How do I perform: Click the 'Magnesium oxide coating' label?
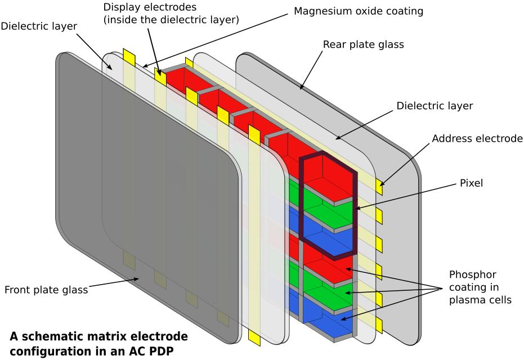point(359,11)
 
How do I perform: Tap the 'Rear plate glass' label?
point(363,44)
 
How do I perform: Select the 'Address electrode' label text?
point(478,138)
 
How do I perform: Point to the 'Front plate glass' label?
point(46,290)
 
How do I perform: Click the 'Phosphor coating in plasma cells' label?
point(480,287)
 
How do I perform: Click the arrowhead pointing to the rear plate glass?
point(302,87)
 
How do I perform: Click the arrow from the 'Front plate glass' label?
point(113,284)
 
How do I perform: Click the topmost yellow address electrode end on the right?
point(380,188)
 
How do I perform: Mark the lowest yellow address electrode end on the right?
point(379,325)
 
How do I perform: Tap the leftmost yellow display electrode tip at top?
point(129,57)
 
